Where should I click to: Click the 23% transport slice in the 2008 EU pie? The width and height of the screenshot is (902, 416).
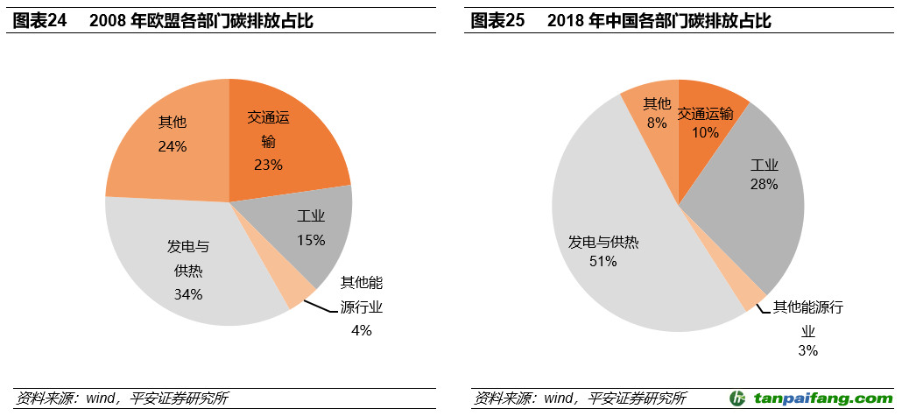(280, 140)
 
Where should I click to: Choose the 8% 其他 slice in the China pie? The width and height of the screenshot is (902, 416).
(655, 114)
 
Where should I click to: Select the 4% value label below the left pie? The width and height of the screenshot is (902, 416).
(362, 330)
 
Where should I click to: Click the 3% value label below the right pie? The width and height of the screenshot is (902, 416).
(807, 350)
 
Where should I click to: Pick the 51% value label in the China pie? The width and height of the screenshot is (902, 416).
(603, 261)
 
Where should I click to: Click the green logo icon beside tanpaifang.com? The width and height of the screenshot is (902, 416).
(739, 398)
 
